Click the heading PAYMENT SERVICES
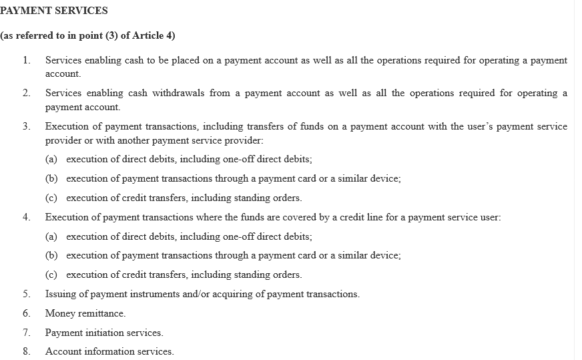point(54,11)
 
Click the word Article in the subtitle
point(148,35)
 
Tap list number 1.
point(26,60)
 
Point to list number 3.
point(26,126)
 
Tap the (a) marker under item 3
point(51,159)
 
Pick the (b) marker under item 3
point(51,178)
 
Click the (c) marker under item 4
point(51,275)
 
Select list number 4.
point(26,217)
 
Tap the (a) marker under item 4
point(51,236)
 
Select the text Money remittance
point(85,313)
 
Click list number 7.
point(26,332)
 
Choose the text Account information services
point(109,351)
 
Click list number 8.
point(26,351)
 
